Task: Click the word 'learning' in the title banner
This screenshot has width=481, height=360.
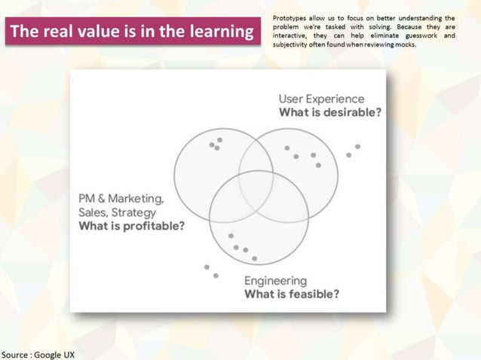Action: coord(222,32)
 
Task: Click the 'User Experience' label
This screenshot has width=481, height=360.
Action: coord(321,99)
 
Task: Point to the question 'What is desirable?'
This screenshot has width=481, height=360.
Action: coord(329,112)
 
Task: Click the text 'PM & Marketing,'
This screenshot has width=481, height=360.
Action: coord(121,199)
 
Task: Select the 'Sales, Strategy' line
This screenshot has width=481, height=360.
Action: coord(116,212)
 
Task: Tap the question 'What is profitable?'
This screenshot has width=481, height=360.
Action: coord(131,226)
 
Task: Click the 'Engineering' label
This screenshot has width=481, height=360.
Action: coord(275,281)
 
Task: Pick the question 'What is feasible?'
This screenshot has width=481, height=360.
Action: coord(291,294)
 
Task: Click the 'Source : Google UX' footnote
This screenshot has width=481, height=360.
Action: coord(38,354)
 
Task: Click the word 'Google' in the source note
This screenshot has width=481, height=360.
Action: coord(48,354)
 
